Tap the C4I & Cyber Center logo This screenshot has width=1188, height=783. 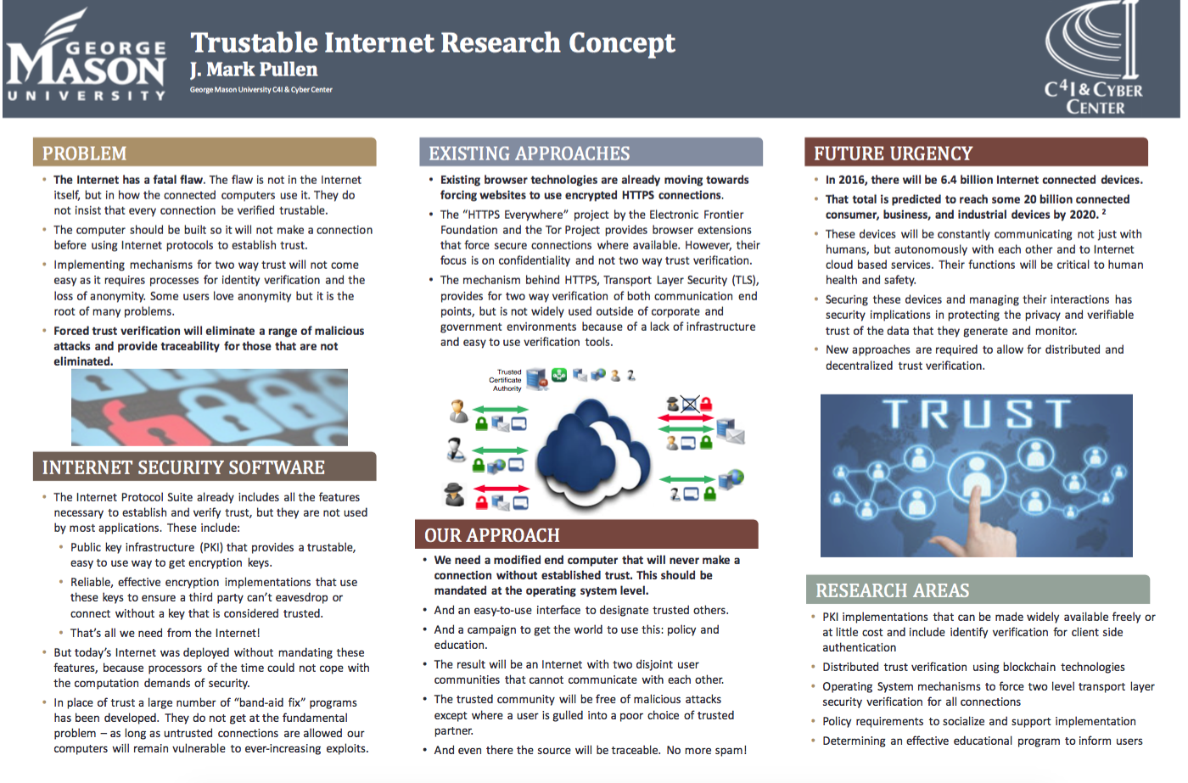1095,59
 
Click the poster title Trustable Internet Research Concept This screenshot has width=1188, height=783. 433,42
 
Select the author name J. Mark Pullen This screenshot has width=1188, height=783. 254,70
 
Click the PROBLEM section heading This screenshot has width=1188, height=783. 84,154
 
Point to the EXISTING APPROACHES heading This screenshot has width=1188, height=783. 529,154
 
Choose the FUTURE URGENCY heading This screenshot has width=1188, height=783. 893,154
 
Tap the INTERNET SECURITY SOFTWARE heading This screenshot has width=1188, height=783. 183,467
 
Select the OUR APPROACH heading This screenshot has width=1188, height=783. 492,535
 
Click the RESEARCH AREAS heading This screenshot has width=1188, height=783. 892,590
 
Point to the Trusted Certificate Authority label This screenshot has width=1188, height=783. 507,380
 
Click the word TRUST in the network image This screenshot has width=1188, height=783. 976,414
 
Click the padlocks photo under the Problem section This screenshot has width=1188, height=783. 210,407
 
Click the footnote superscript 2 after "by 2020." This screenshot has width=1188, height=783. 1104,212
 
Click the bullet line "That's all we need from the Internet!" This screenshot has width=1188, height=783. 165,633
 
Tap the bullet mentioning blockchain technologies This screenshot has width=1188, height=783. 973,668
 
